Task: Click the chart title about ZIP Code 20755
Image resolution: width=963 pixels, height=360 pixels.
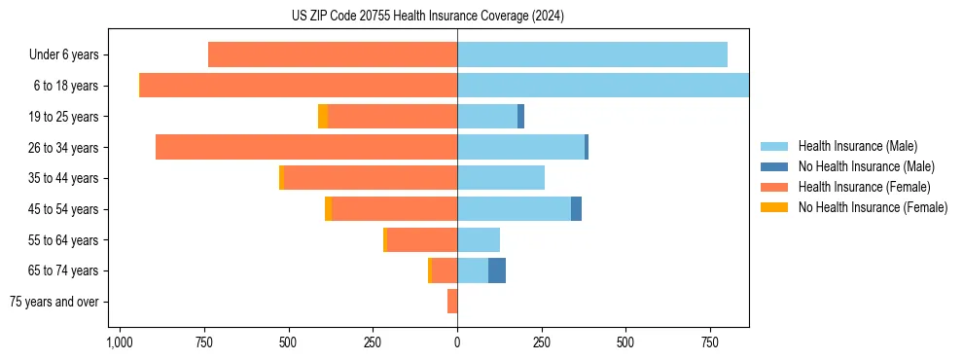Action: click(427, 17)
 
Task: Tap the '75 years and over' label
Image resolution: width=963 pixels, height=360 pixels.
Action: click(54, 302)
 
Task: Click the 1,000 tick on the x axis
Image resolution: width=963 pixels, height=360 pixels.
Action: click(120, 343)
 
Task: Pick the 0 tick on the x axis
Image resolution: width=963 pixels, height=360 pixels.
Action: click(457, 343)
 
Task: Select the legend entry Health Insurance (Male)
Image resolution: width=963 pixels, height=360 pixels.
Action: click(857, 146)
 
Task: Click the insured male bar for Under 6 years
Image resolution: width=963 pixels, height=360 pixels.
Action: click(592, 55)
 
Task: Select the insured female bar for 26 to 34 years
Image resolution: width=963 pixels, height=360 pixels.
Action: click(306, 148)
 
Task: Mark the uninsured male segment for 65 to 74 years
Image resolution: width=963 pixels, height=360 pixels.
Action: click(497, 270)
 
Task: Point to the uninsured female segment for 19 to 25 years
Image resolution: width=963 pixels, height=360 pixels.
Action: click(323, 117)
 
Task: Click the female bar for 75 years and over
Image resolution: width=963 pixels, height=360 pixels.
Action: click(452, 302)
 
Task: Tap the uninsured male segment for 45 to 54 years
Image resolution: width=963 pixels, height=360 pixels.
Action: click(576, 209)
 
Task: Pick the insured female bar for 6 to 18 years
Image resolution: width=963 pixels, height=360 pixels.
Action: click(299, 86)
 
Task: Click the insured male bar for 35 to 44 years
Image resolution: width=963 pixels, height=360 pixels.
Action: click(501, 178)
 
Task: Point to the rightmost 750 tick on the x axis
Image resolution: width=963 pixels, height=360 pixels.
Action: click(709, 343)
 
